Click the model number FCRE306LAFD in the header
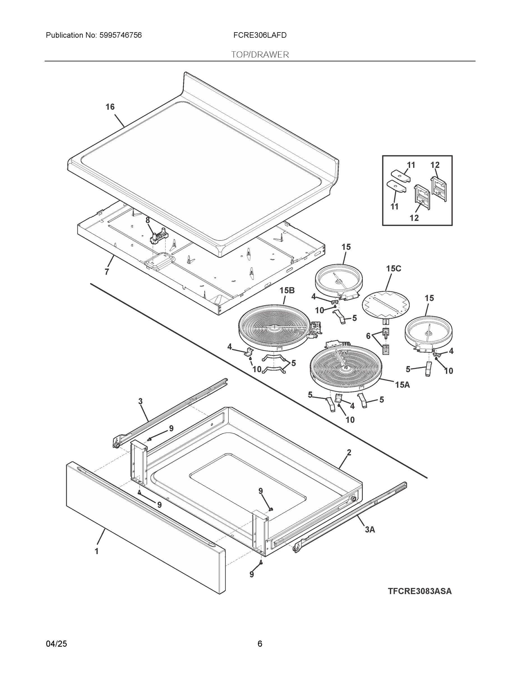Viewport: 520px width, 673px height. pos(260,35)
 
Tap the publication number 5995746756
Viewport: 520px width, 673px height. pos(121,35)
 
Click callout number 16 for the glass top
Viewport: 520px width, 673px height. pos(110,107)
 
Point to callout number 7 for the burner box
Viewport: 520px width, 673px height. pos(107,272)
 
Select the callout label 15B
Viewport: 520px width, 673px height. pos(287,291)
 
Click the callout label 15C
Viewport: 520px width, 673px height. pos(393,269)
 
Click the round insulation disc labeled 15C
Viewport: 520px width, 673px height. pos(386,304)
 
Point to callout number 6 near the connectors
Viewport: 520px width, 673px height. pos(368,336)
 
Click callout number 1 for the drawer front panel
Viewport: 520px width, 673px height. pos(96,551)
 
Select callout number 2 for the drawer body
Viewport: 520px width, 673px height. pos(349,453)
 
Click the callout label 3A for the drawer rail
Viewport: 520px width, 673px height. pos(370,529)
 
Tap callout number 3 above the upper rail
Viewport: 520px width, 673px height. pos(140,401)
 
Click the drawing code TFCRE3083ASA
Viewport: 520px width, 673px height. pos(420,591)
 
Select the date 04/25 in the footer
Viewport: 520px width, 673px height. pos(56,644)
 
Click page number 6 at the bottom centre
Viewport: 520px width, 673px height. pos(260,644)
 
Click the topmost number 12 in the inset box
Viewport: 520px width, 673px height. pos(435,165)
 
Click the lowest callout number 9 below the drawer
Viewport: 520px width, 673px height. pos(252,574)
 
